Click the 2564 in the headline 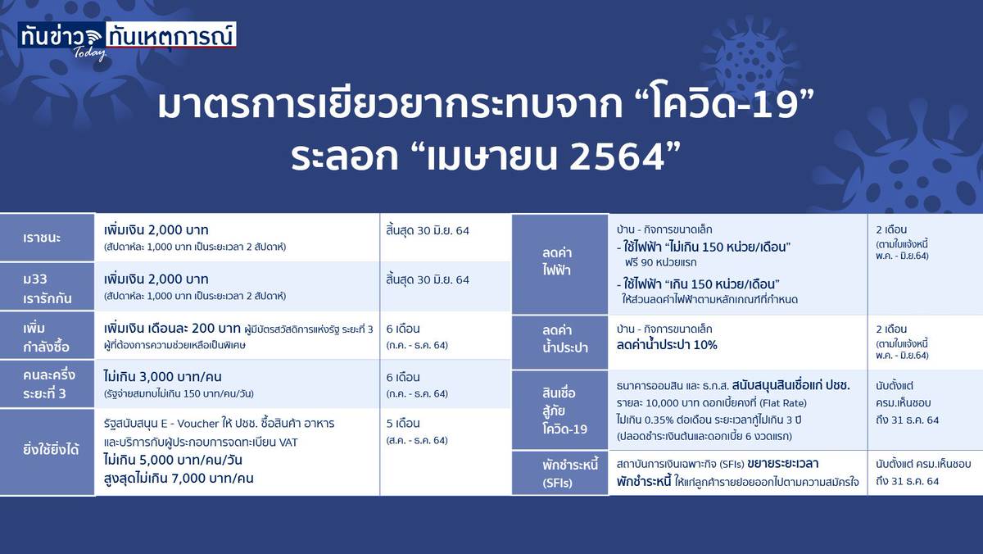(618, 157)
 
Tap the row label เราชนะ (42, 238)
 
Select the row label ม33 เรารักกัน (48, 288)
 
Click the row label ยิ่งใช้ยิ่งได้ (51, 450)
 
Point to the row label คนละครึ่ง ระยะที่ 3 (49, 384)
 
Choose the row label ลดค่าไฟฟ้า (556, 261)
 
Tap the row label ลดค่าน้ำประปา (564, 338)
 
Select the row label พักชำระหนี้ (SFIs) (570, 474)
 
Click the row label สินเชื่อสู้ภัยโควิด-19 (564, 411)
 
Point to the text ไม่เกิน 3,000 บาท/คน (163, 377)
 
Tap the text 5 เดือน (403, 423)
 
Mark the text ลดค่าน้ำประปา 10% (667, 344)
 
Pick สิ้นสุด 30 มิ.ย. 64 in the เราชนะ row (428, 230)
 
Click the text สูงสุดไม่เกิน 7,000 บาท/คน (179, 478)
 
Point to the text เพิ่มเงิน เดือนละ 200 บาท (172, 328)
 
